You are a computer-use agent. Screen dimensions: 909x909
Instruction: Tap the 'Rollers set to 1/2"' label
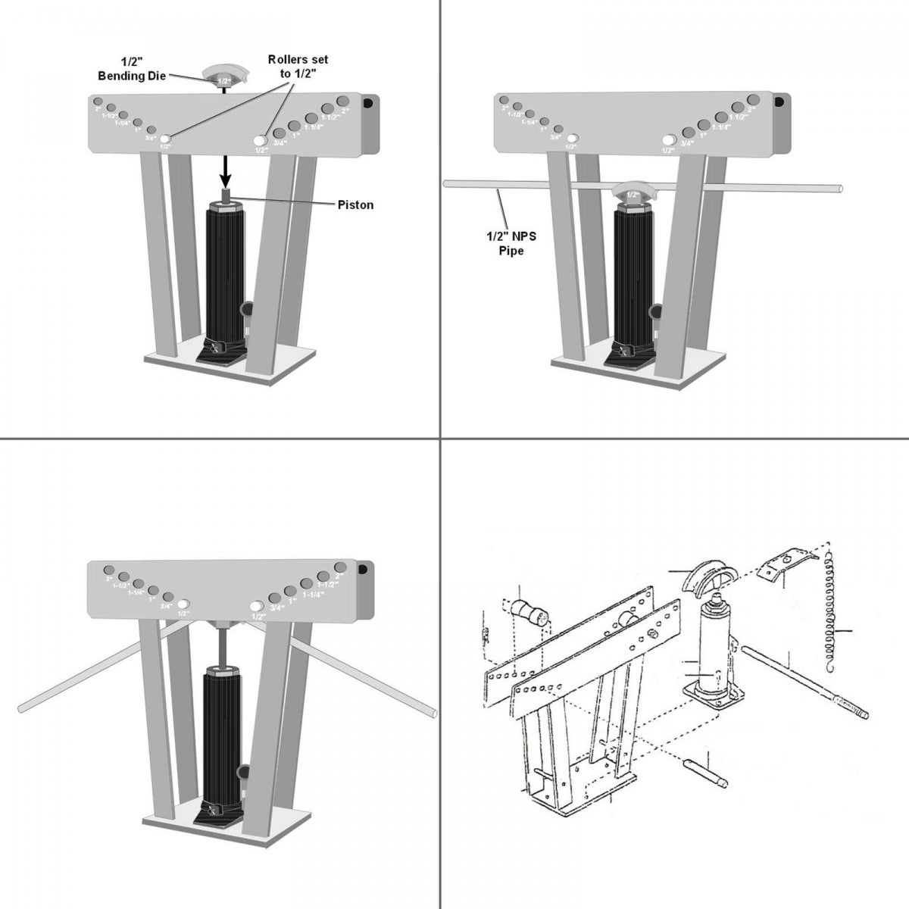[x=298, y=65]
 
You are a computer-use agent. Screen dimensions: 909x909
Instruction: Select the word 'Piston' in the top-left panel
[x=355, y=205]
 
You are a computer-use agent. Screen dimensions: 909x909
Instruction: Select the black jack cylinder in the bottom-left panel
[x=223, y=727]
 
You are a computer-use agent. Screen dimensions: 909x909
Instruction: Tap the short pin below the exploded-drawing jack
[x=704, y=773]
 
